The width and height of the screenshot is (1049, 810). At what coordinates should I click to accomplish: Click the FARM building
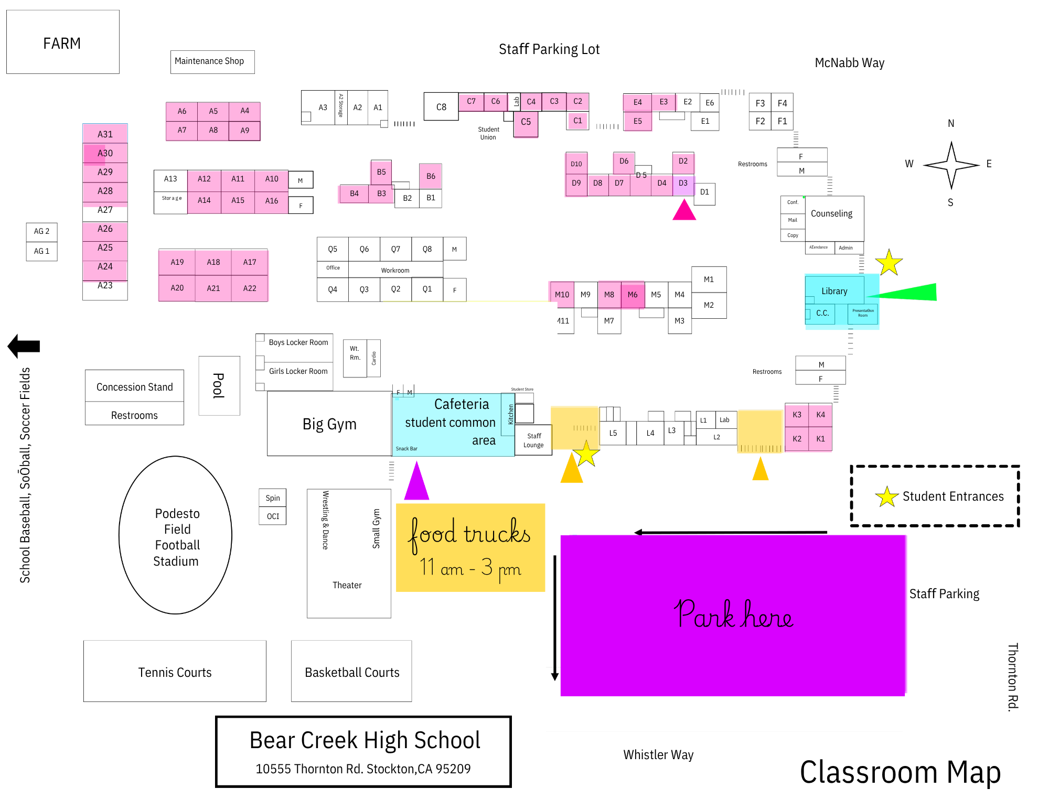point(62,42)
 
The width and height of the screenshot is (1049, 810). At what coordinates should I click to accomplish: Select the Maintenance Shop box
point(212,61)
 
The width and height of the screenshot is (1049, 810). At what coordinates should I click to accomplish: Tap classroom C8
point(441,107)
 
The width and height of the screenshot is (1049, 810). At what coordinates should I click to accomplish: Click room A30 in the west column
point(105,153)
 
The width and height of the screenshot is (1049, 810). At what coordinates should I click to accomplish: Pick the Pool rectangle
point(219,385)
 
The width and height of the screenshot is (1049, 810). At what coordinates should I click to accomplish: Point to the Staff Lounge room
point(533,440)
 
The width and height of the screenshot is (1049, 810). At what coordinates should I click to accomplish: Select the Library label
point(834,291)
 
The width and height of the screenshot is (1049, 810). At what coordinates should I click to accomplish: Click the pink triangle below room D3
point(684,211)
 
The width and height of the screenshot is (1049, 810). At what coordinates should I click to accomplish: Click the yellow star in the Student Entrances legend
point(886,496)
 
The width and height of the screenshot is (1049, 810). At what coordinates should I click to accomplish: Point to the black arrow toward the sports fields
point(24,346)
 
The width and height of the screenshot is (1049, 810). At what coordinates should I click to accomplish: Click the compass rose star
point(951,165)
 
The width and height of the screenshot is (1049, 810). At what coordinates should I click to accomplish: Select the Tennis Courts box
point(175,672)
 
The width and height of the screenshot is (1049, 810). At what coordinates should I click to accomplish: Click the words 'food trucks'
point(469,534)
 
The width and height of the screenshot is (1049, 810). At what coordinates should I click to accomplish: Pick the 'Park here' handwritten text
point(733,614)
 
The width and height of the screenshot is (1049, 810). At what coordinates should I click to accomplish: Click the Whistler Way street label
point(658,754)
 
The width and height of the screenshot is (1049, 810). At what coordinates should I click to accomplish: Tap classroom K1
point(820,439)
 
